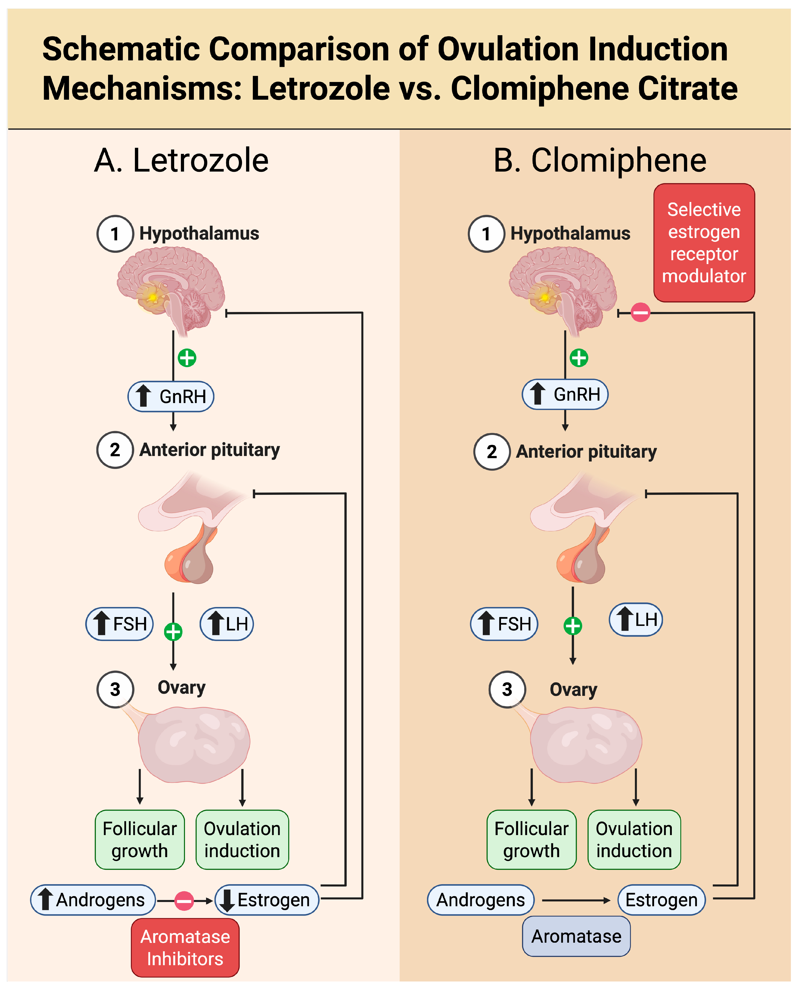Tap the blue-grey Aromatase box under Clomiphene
pos(576,936)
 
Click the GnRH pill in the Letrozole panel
pos(171,396)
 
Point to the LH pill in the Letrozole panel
pos(227,624)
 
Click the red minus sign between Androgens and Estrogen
pos(184,900)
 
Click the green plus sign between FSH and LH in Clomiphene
pos(573,626)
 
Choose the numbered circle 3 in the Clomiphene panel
pos(507,689)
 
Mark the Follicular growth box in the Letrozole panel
pos(140,840)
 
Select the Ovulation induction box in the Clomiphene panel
pos(634,840)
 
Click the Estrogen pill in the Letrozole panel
pos(267,900)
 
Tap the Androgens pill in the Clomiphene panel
pos(481,900)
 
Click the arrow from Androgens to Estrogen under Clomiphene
pos(576,900)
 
